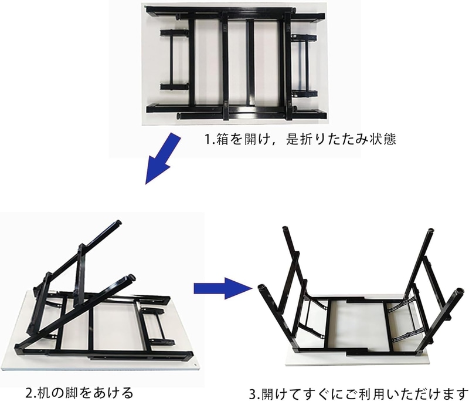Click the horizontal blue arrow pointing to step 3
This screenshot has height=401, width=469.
click(223, 288)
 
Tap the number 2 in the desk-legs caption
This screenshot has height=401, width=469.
click(29, 393)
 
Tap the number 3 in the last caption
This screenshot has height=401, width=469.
click(253, 394)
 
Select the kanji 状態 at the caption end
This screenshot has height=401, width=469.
click(383, 139)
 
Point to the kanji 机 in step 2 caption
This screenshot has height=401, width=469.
click(43, 392)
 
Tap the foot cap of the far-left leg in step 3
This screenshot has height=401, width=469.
click(263, 288)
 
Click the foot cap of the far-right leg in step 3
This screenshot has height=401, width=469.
click(459, 291)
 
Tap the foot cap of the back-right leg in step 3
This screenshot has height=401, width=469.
click(430, 231)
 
